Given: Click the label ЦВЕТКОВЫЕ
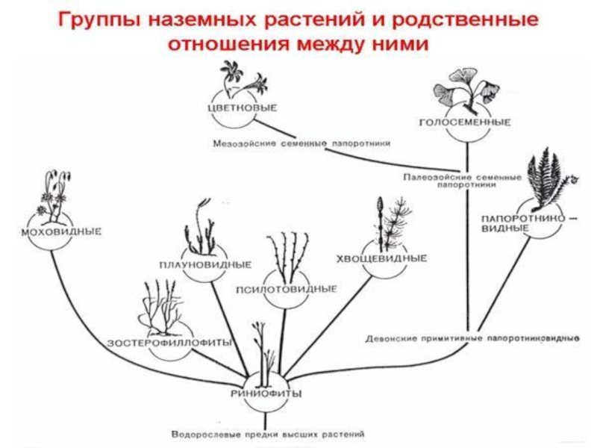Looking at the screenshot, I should (242, 108).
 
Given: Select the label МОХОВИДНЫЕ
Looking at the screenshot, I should (50, 232).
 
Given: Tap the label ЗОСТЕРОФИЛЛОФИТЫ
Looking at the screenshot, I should (169, 342).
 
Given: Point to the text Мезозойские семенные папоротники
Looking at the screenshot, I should (301, 142).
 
